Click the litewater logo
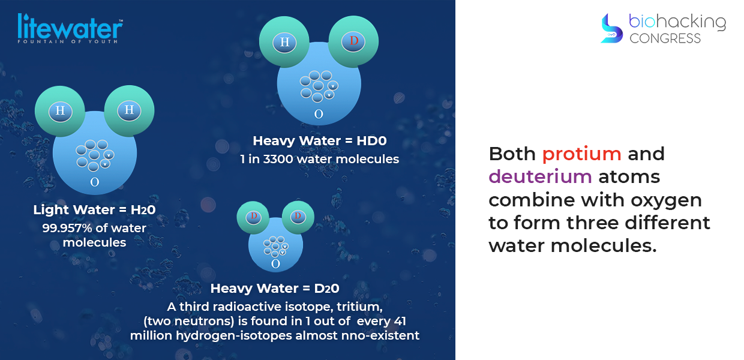pyautogui.click(x=70, y=28)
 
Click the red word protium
pyautogui.click(x=581, y=154)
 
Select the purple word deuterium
pyautogui.click(x=540, y=176)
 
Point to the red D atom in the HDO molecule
pyautogui.click(x=353, y=41)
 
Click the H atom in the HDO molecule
pyautogui.click(x=284, y=42)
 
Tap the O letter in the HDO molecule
pyautogui.click(x=319, y=114)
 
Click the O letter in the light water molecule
pyautogui.click(x=95, y=182)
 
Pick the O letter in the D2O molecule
pyautogui.click(x=275, y=264)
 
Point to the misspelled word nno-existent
pyautogui.click(x=384, y=335)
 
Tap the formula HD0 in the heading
pyautogui.click(x=371, y=141)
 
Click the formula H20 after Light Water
pyautogui.click(x=143, y=210)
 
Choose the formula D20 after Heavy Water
pyautogui.click(x=327, y=288)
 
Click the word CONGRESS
pyautogui.click(x=665, y=38)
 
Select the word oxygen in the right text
pyautogui.click(x=666, y=201)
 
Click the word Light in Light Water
pyautogui.click(x=51, y=210)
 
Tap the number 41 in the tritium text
pyautogui.click(x=400, y=321)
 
